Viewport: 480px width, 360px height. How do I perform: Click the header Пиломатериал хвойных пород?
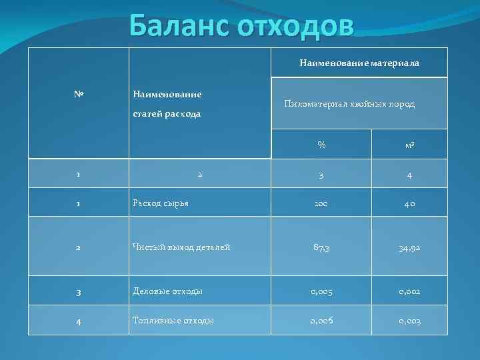tap(349, 104)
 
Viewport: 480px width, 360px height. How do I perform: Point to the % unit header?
tap(321, 145)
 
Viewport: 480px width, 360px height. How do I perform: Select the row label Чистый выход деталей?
tap(181, 247)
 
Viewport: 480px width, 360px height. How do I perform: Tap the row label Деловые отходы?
tap(168, 291)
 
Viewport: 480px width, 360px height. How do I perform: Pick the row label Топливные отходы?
tap(173, 321)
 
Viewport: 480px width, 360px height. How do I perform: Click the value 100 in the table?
tap(321, 203)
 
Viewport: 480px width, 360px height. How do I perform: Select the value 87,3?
tap(321, 247)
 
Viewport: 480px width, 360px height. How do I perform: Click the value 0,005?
tap(321, 291)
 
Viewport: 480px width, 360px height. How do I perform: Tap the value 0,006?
tap(321, 321)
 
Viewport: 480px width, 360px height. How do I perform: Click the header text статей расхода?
tap(167, 114)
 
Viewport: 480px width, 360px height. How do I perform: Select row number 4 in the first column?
tap(78, 321)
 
